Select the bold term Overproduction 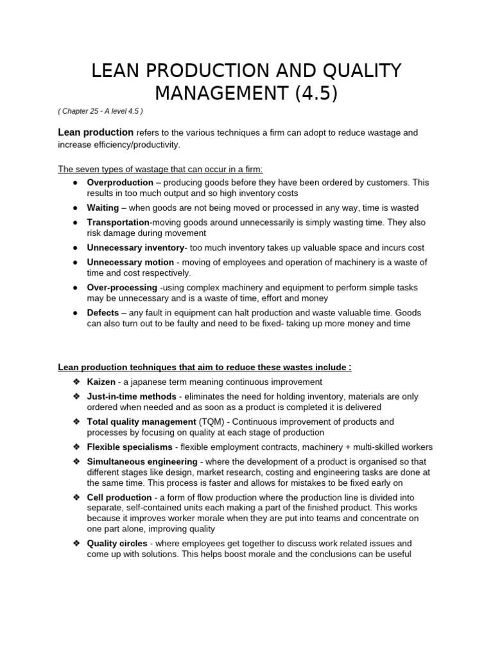click(x=122, y=182)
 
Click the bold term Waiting click(x=103, y=208)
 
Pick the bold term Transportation click(x=118, y=222)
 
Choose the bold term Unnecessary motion click(x=130, y=262)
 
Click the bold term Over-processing click(x=122, y=287)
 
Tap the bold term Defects click(x=103, y=312)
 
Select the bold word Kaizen click(x=101, y=382)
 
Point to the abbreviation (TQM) click(x=211, y=422)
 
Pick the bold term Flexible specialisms click(x=130, y=447)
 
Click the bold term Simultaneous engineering click(x=142, y=461)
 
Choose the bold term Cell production click(x=119, y=497)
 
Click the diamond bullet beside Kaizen click(x=76, y=382)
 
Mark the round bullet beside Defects click(x=76, y=312)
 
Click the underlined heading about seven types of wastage click(x=160, y=169)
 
